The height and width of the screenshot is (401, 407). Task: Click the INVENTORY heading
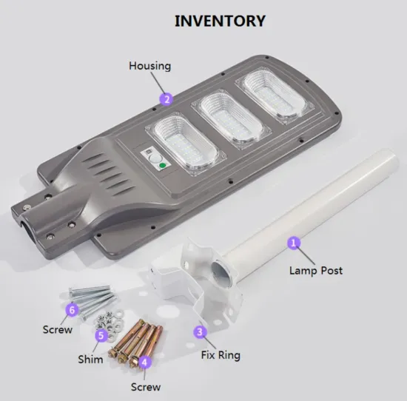coord(219,20)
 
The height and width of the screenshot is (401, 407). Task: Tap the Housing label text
coord(149,66)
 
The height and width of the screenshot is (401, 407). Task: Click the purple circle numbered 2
coord(167,98)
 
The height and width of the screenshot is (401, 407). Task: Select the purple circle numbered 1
coord(294,242)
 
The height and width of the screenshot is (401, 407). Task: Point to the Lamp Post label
coord(316,271)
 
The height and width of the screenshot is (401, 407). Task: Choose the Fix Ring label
coord(221,355)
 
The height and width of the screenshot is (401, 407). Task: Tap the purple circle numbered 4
coord(145,362)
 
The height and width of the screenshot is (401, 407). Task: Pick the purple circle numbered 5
coord(101,335)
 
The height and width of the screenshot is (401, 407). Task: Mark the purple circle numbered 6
coord(72,309)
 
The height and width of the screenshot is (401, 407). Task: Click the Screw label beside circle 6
coord(57,329)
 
